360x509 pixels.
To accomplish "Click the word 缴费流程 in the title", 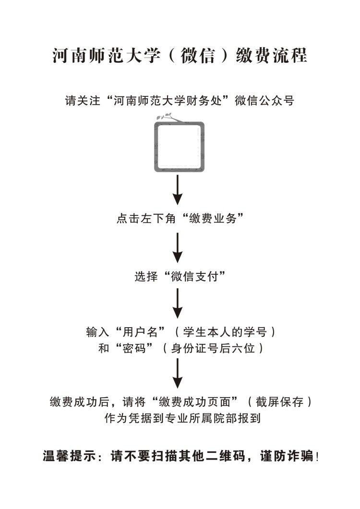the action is (272, 56).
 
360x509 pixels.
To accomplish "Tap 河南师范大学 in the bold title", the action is (106, 56).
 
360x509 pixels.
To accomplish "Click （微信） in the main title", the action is (198, 56).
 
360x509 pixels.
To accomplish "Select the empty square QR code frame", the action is (180, 147).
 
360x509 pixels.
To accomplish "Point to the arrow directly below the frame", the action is (178, 190).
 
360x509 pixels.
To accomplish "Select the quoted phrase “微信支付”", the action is (195, 277).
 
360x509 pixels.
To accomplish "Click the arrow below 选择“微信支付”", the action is (178, 304).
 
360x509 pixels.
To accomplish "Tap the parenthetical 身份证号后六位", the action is (213, 348).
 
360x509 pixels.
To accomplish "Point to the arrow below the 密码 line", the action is (178, 373).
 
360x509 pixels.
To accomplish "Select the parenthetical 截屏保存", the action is (279, 402).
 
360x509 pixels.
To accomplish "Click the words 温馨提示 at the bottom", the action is (69, 456).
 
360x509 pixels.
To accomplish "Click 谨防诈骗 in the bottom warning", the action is (287, 456).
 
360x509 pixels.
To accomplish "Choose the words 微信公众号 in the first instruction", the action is (264, 101).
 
